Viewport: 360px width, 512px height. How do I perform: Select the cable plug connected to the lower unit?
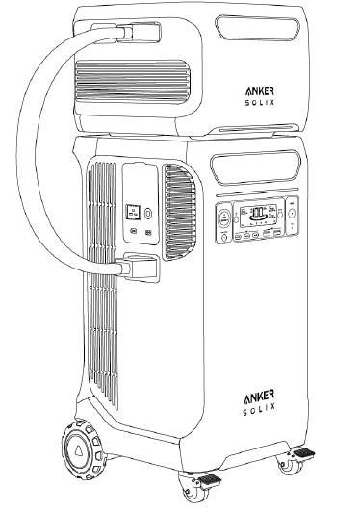(x=136, y=266)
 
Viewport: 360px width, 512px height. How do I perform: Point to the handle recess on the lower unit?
(x=255, y=166)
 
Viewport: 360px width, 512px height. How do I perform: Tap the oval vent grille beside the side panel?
(x=177, y=201)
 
